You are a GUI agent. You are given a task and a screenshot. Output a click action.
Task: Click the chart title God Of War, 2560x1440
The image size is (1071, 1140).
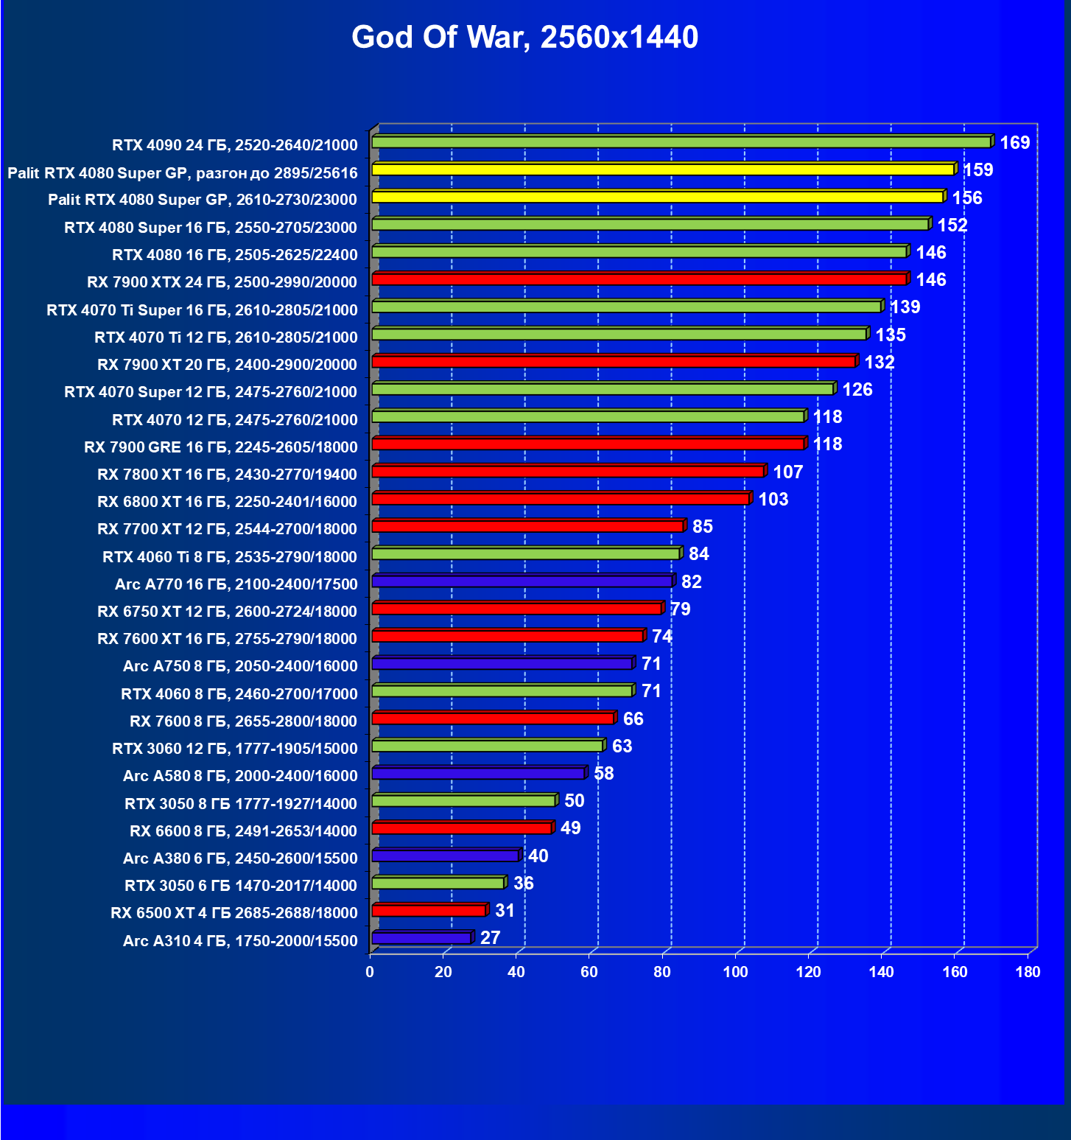point(524,37)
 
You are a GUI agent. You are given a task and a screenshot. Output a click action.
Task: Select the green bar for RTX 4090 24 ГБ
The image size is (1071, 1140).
point(681,141)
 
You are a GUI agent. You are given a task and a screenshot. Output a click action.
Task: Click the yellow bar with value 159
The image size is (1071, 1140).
point(663,169)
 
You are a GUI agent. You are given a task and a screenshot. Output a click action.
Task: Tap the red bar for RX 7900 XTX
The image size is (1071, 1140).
point(639,279)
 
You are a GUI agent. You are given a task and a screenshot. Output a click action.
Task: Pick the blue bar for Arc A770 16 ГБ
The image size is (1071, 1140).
point(522,581)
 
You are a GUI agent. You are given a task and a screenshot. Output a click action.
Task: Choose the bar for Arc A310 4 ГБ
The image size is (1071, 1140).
point(421,938)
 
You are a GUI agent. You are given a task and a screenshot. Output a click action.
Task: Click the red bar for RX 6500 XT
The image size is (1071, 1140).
point(429,911)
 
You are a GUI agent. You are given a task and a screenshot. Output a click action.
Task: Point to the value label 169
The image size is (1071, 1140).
point(1014,143)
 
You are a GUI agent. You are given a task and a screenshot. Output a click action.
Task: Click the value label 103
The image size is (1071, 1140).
point(773,500)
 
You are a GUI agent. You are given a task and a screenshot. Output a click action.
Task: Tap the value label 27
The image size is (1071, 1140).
point(490,938)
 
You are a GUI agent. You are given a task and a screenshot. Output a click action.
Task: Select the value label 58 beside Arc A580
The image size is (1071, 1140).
point(603,774)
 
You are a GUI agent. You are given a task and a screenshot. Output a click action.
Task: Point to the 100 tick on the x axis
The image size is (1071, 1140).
point(735,972)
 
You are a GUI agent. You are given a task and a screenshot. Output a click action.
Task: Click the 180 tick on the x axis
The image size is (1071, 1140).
point(1028,972)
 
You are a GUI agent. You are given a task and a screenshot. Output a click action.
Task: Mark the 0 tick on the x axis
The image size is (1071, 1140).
point(370,972)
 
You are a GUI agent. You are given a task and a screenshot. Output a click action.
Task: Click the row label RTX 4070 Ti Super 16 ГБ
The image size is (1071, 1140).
point(202,310)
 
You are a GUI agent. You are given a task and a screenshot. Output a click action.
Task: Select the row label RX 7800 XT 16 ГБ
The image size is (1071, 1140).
point(227,475)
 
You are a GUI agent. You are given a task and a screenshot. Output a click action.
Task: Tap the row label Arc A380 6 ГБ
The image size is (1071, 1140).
point(240,859)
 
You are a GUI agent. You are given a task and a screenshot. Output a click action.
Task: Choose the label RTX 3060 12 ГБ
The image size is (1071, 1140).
point(234,749)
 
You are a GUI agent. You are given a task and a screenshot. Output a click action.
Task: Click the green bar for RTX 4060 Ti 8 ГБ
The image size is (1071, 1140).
point(525,553)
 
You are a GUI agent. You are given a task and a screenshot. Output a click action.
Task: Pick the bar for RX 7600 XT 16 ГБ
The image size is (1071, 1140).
point(508,636)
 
